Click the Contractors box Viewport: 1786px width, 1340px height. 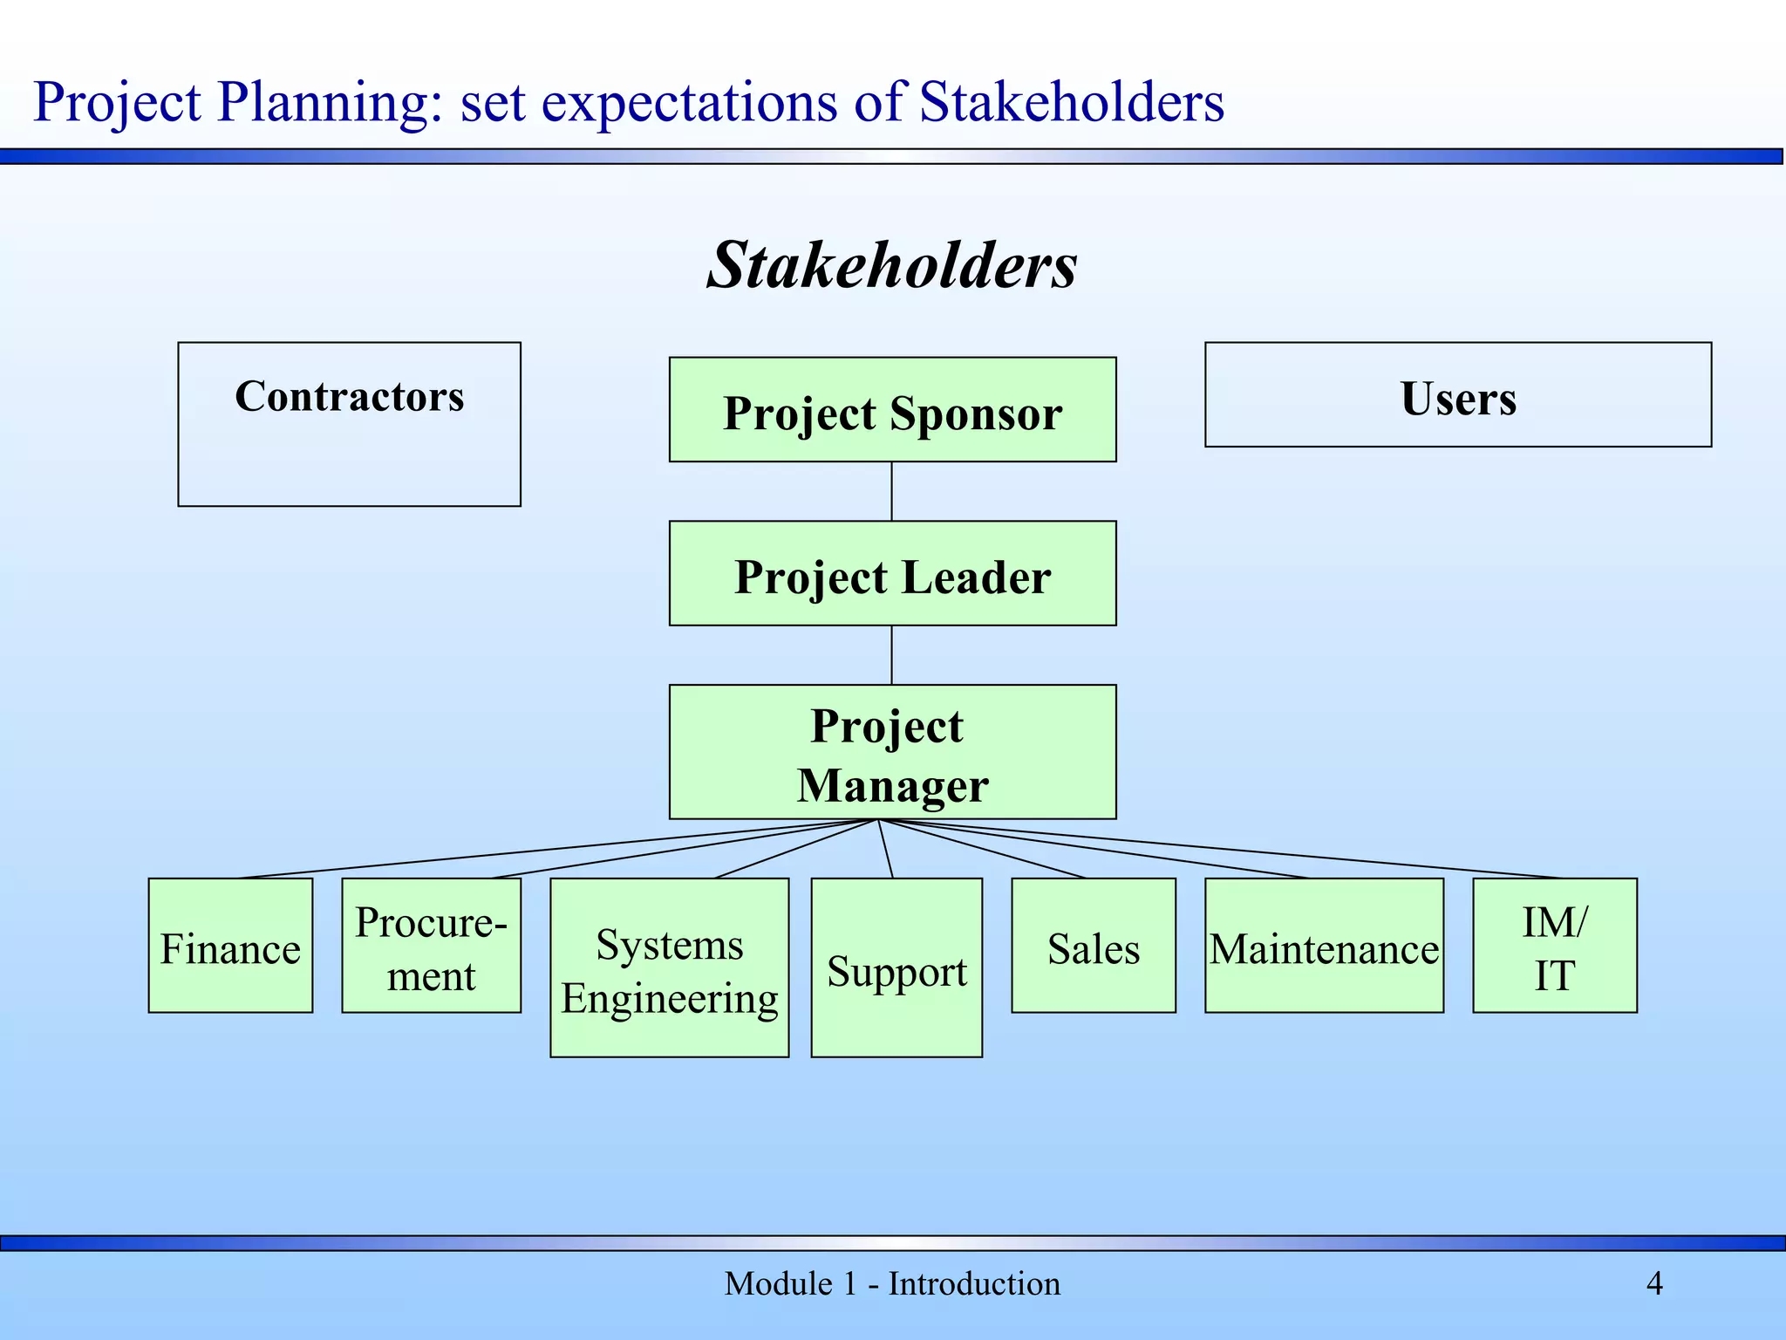(349, 424)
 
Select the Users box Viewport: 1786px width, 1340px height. (1457, 395)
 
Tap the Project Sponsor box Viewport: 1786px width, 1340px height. (892, 410)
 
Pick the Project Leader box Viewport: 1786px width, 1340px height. (892, 573)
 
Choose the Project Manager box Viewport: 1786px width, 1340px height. (892, 752)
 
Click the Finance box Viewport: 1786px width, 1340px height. (230, 946)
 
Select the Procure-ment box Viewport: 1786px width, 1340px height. (431, 946)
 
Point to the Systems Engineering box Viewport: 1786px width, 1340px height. (669, 968)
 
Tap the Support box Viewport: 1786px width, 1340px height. (896, 968)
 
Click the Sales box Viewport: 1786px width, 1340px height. (1094, 946)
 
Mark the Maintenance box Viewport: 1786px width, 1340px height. (1324, 946)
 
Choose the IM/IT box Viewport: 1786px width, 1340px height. (1554, 946)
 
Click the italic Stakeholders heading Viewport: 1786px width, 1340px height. (892, 264)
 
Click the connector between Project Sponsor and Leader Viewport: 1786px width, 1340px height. (891, 491)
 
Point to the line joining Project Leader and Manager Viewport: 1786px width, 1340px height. (891, 655)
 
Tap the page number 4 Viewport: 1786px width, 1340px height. (1654, 1283)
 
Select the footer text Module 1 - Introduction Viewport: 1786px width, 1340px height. (892, 1283)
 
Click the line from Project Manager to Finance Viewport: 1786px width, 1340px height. (558, 849)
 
